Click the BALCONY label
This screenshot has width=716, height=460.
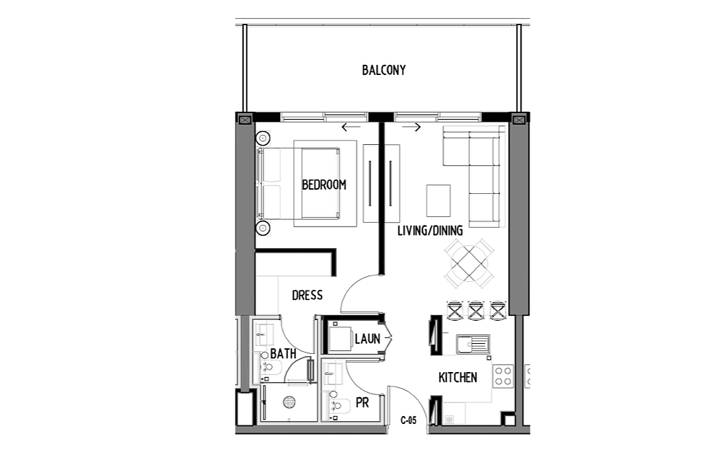383,70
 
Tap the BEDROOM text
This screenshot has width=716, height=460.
324,185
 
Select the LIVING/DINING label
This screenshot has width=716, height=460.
429,231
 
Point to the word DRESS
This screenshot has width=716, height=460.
307,296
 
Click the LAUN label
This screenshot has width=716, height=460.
367,339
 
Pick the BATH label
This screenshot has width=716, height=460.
283,354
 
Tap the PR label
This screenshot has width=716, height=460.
362,403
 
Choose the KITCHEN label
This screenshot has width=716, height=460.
458,377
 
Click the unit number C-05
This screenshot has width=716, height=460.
409,420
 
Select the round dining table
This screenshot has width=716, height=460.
469,263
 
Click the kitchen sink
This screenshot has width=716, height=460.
473,344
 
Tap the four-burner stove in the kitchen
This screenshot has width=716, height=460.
503,376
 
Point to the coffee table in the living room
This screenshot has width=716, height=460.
438,200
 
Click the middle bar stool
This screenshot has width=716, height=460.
476,310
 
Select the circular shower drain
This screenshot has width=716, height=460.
289,402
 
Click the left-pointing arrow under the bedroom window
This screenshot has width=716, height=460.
351,128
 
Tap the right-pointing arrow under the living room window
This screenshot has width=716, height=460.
411,128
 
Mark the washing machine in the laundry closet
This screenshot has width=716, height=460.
340,337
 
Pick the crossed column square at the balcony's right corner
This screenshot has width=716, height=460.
519,120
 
